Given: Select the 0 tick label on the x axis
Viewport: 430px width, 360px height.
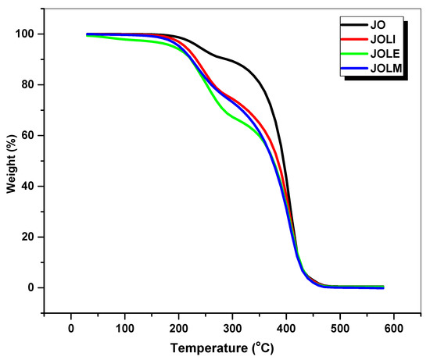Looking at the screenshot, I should click(x=71, y=327).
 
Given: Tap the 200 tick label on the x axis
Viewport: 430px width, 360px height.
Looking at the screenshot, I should click(x=178, y=327).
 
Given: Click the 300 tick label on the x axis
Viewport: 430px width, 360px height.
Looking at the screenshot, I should click(x=232, y=327).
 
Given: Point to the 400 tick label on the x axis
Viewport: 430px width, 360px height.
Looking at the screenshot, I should click(x=286, y=327).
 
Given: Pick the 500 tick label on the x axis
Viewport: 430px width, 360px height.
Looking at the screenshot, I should click(x=340, y=327).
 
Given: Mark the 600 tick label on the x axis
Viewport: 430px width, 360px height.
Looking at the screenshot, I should click(x=393, y=327).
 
